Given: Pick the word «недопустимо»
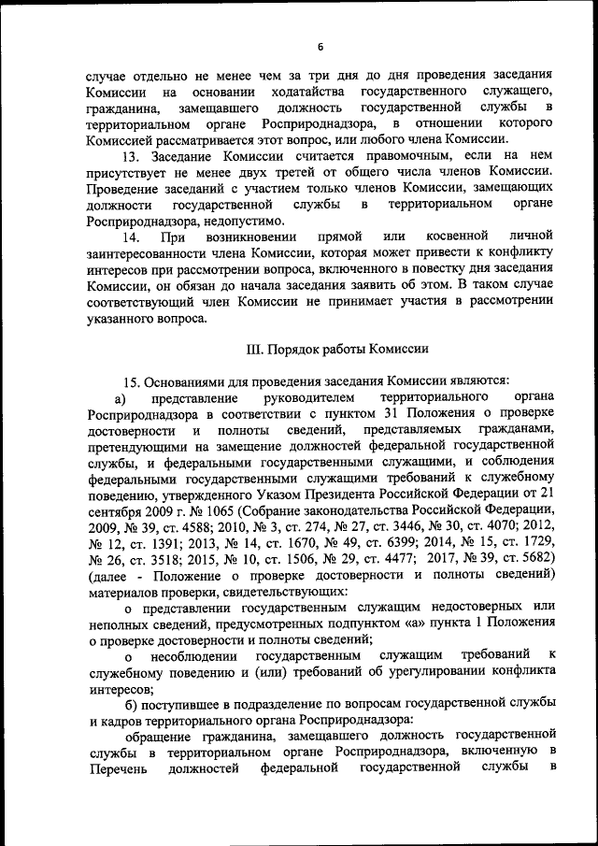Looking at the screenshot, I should click(x=243, y=221).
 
